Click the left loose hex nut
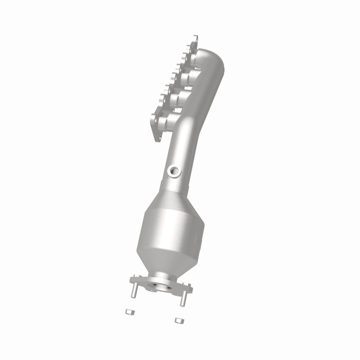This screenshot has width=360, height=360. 128,311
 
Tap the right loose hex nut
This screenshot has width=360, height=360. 178,320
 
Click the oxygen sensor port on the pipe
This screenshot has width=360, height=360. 174,171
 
